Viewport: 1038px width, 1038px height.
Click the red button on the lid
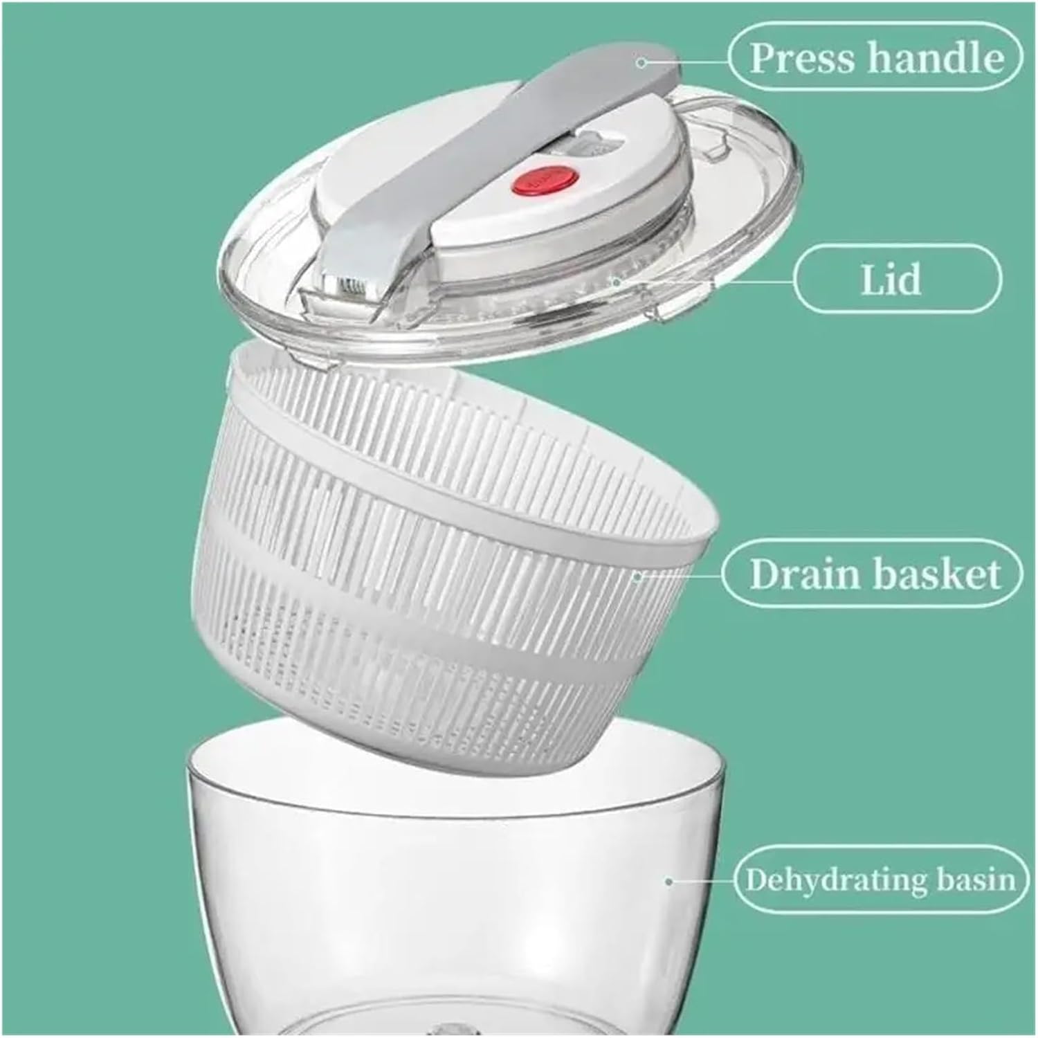pos(522,183)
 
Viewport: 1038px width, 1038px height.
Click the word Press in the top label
pos(803,58)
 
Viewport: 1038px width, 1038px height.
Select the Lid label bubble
pos(897,280)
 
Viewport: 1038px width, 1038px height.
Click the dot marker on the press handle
pos(641,62)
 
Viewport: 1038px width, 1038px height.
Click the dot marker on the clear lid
pos(615,282)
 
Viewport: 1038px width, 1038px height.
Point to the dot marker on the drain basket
pos(637,574)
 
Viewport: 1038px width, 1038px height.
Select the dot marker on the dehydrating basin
pos(668,882)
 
